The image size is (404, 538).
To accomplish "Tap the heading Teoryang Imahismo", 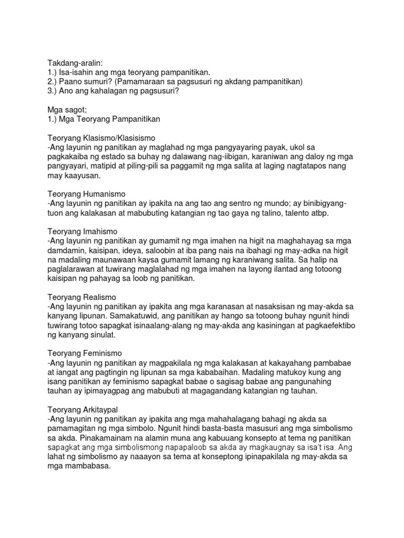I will tap(82, 231).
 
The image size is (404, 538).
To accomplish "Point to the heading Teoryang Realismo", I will tap(81, 297).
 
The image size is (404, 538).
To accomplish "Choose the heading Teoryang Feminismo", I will tap(84, 354).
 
